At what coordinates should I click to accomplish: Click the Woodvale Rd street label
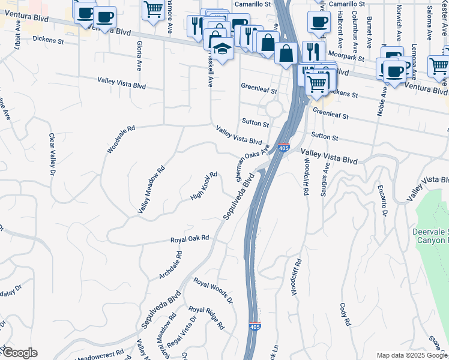[122, 139]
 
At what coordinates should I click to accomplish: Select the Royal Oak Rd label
[189, 239]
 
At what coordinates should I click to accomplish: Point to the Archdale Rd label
[170, 265]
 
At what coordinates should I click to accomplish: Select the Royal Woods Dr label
[212, 289]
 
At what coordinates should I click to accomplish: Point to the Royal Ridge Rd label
[206, 318]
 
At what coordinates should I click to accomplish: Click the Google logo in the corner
[19, 352]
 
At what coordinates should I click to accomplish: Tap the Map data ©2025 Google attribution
[411, 355]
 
